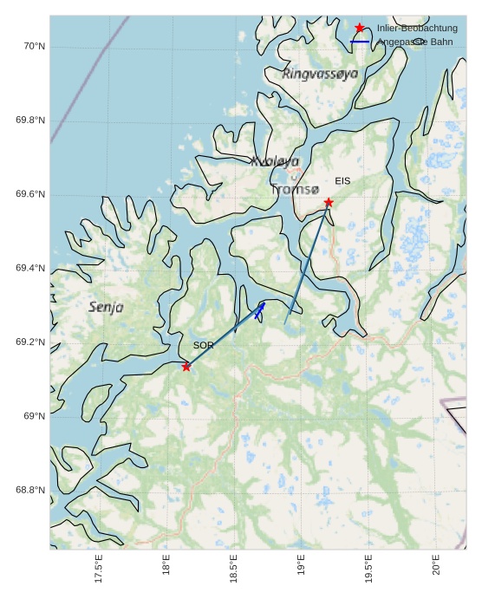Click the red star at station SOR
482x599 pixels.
coord(186,367)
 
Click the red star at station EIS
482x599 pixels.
coord(329,202)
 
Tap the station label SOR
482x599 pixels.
coord(203,345)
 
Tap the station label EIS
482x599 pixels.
coord(342,180)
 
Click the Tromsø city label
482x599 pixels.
coord(295,189)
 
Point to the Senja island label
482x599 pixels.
coord(106,307)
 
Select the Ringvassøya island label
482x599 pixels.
coord(320,75)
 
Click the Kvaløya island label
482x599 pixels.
coord(275,161)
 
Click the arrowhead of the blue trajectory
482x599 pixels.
coord(262,305)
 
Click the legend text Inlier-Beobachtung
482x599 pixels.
coord(417,28)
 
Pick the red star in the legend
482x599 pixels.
coord(360,28)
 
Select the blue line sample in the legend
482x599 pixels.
coord(360,42)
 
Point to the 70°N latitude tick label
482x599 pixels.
coord(33,46)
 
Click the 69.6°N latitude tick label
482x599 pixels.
coord(30,194)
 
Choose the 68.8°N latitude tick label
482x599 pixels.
coord(30,490)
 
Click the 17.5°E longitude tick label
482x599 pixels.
coord(99,569)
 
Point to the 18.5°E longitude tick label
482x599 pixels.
coord(234,569)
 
